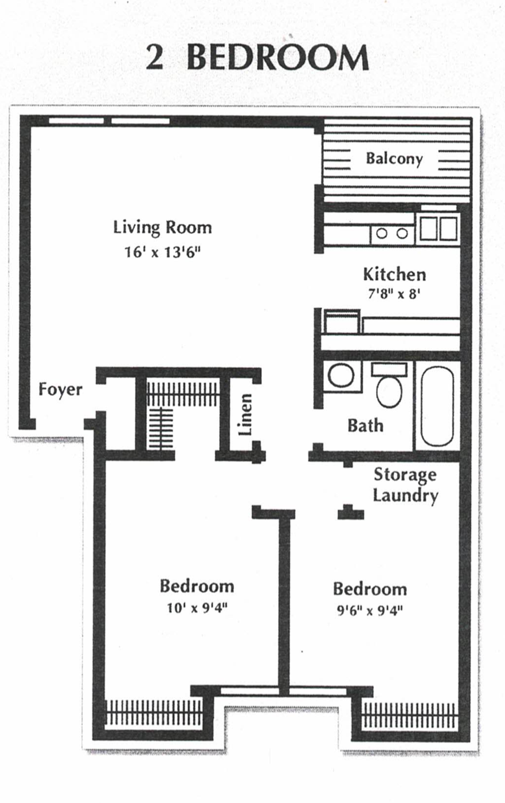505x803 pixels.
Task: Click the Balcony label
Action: tap(394, 159)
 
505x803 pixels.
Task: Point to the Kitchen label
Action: tap(394, 274)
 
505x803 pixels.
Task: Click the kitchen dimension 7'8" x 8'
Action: tap(394, 294)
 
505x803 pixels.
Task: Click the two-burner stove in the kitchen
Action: tap(392, 233)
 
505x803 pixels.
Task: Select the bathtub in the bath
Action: tap(437, 406)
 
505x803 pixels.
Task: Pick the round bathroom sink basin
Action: tap(341, 375)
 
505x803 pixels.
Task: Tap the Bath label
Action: tap(365, 426)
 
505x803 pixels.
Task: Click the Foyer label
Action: tap(60, 389)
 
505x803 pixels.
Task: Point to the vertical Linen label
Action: tap(246, 414)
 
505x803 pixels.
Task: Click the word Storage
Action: tap(405, 475)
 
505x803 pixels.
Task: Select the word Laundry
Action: tap(405, 496)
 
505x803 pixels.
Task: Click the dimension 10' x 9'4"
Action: tap(197, 608)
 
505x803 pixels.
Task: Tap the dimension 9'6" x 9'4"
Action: tap(369, 611)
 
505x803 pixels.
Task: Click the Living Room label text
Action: tap(162, 228)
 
